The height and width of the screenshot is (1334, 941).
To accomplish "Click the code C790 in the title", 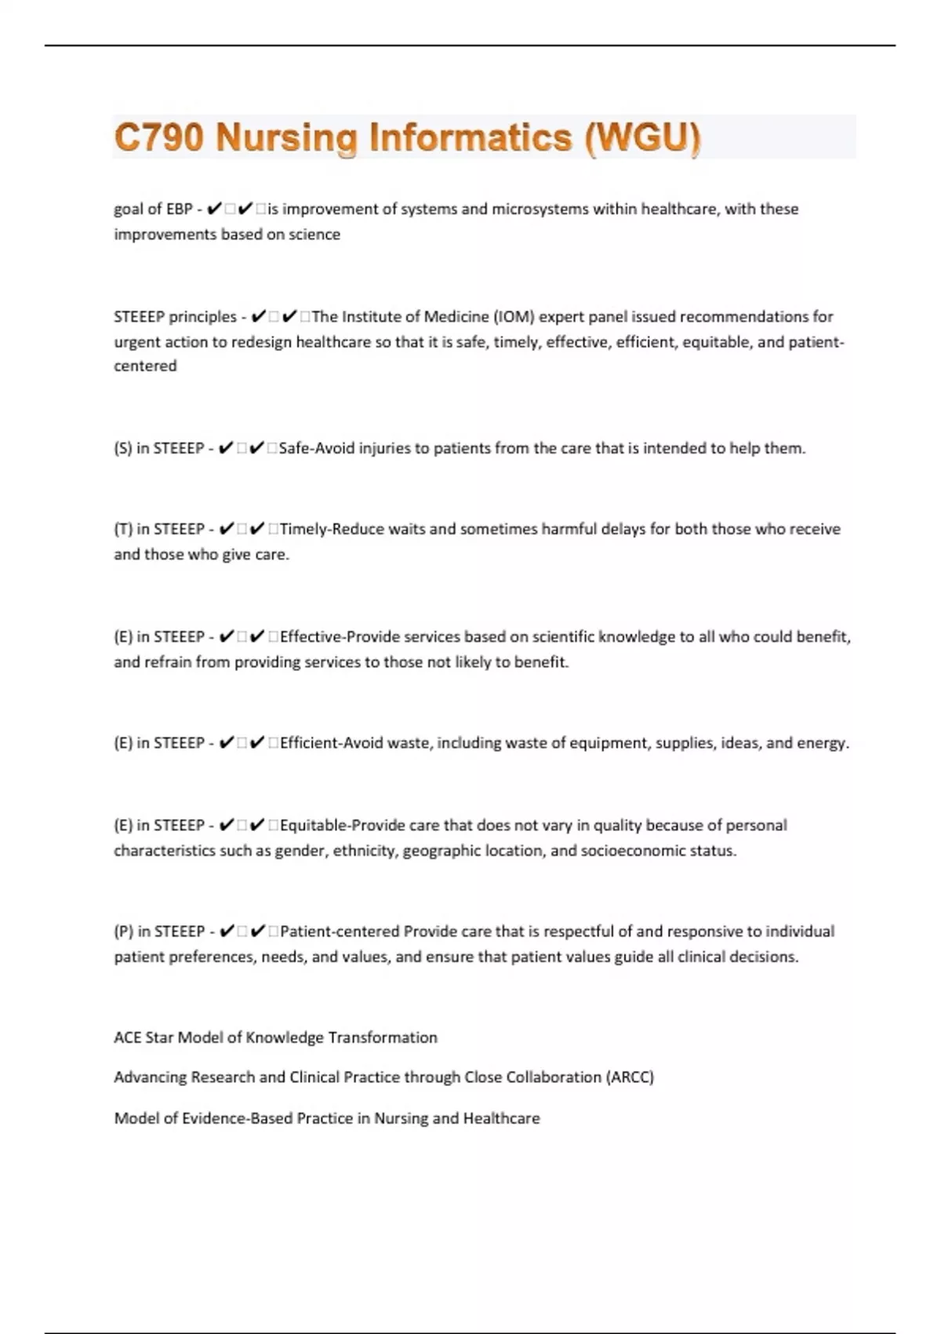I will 159,137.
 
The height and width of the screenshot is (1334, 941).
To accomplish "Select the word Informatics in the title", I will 470,137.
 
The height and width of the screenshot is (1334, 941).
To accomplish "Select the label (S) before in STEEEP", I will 123,449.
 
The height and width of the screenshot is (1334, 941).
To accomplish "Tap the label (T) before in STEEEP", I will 123,530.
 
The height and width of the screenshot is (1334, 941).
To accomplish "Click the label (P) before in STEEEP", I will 123,932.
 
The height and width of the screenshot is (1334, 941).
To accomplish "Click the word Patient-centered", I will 340,932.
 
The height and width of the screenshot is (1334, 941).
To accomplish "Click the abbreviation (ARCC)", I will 630,1077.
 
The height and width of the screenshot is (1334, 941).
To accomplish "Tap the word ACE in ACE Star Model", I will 127,1038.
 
